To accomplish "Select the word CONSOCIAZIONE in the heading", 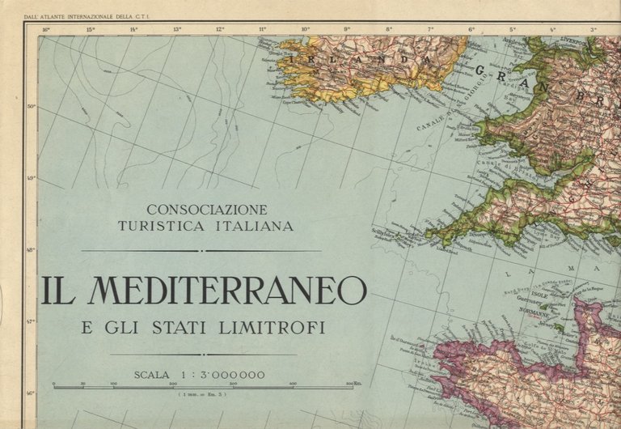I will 206,209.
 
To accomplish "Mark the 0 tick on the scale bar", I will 54,384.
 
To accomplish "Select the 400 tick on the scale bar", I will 292,384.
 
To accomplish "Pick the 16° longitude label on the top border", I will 45,30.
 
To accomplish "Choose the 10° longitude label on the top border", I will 305,30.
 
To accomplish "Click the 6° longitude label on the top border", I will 471,30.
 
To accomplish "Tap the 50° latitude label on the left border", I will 32,106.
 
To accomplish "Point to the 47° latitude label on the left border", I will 32,321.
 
